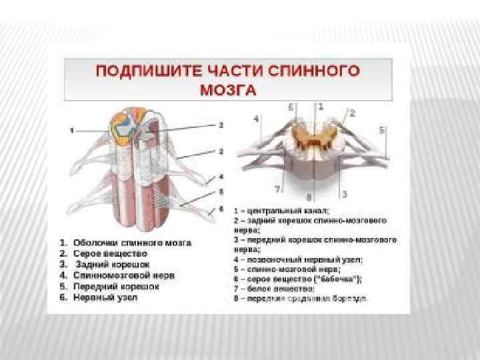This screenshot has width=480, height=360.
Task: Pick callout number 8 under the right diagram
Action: click(x=308, y=197)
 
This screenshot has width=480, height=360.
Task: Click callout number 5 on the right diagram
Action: click(x=382, y=130)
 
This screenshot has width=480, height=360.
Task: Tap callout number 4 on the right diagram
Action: click(x=256, y=119)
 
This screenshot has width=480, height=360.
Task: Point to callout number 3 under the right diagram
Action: click(x=344, y=194)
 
